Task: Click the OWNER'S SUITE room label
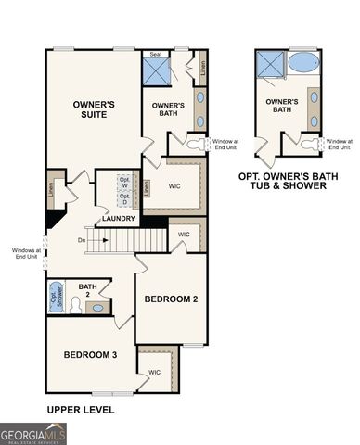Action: [x=94, y=110]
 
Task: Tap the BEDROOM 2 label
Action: [x=171, y=299]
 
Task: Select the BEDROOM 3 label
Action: [x=90, y=355]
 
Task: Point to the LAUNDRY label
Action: [x=120, y=219]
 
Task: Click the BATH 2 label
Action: [x=88, y=291]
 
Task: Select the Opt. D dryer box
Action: [x=123, y=200]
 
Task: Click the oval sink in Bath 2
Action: [x=98, y=307]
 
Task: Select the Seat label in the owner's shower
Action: [x=156, y=55]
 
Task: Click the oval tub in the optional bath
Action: [x=302, y=64]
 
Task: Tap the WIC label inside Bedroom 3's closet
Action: [x=154, y=373]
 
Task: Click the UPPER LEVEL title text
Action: [x=80, y=409]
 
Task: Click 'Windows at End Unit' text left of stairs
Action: [x=25, y=253]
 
